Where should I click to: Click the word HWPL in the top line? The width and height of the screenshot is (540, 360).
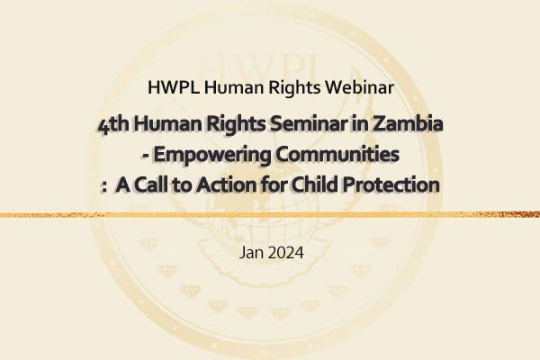click(x=173, y=87)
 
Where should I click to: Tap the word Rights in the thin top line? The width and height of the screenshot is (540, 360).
click(x=294, y=88)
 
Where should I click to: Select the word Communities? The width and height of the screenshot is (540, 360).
click(x=337, y=154)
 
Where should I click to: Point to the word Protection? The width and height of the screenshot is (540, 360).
click(x=391, y=185)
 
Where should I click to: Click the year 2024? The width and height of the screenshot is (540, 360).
click(x=286, y=253)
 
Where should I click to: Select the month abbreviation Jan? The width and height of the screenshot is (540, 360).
click(x=251, y=253)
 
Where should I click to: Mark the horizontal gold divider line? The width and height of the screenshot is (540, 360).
click(x=270, y=215)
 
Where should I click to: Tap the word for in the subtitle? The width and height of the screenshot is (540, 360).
click(x=274, y=184)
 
